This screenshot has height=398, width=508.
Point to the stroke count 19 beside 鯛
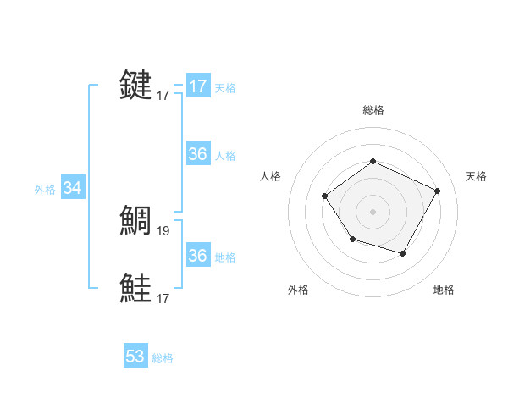click(x=164, y=230)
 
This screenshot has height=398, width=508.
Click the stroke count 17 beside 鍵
click(x=163, y=96)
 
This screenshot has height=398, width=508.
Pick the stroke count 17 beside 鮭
click(x=163, y=298)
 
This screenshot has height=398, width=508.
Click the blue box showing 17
click(x=197, y=86)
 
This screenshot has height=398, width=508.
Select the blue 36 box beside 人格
click(x=197, y=154)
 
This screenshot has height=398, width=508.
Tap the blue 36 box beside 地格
click(x=197, y=256)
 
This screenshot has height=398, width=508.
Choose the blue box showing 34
click(x=72, y=188)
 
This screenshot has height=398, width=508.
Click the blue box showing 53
click(x=135, y=357)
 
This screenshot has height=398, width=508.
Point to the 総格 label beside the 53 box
click(x=163, y=358)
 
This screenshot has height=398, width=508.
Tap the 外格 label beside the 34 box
click(x=45, y=190)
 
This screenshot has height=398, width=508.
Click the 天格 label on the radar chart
click(x=476, y=176)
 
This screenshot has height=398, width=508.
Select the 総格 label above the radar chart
click(x=373, y=110)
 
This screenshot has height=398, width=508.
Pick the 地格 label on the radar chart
click(x=444, y=290)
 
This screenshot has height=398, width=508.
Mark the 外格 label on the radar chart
click(x=298, y=290)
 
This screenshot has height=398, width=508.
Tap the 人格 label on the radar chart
click(x=271, y=176)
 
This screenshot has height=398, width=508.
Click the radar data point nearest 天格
click(x=437, y=191)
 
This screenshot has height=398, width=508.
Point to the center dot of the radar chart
click(x=373, y=211)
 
